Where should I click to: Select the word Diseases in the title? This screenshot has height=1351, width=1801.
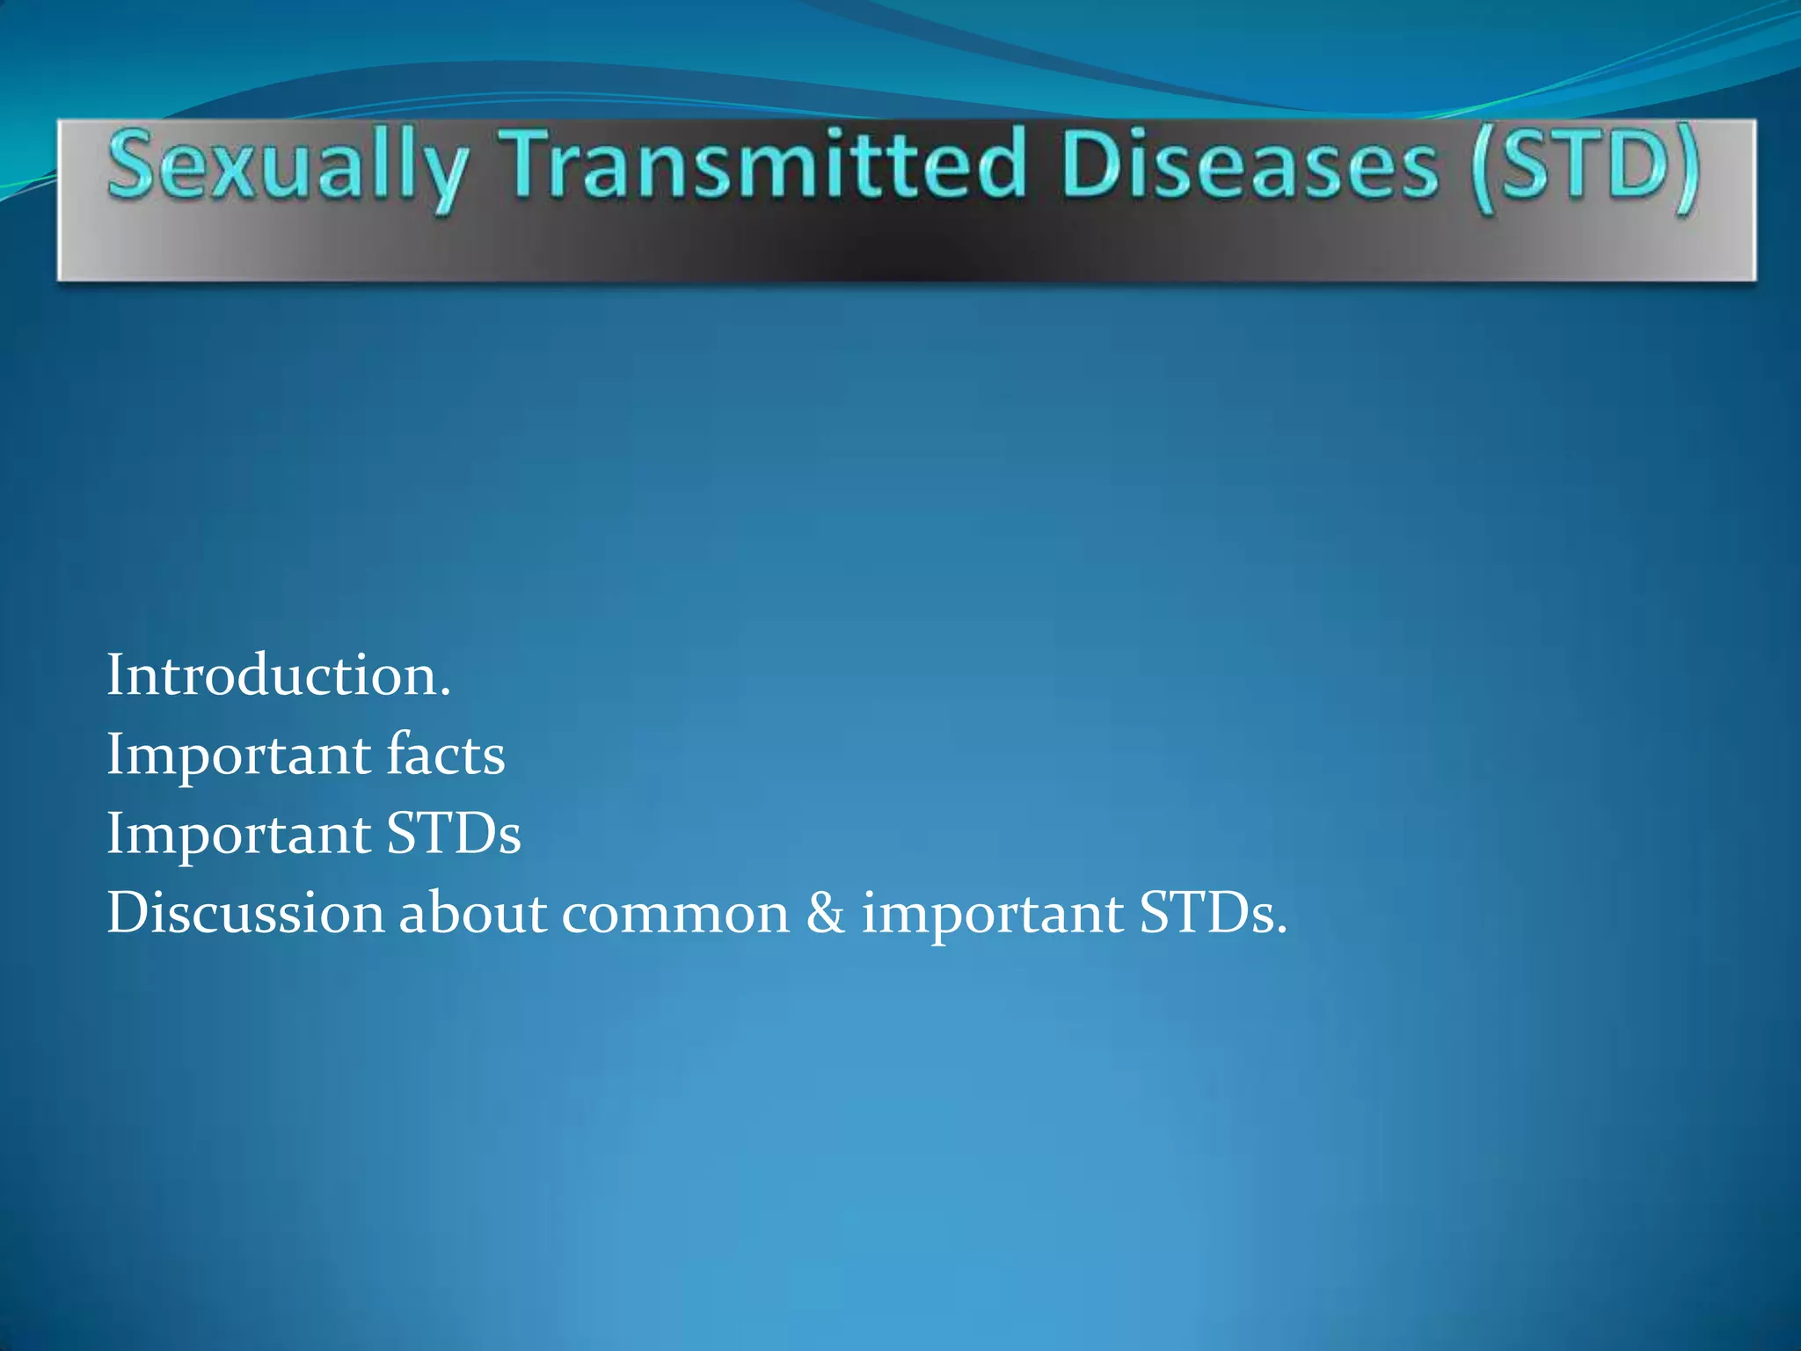1250,164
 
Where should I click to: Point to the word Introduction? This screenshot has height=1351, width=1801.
273,675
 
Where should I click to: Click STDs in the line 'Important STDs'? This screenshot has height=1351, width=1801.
454,834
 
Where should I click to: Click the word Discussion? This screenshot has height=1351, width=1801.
245,913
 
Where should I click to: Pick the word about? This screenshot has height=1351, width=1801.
473,913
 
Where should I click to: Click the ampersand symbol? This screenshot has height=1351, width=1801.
825,913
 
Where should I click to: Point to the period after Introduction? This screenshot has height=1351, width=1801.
446,694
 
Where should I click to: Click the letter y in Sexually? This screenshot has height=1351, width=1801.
445,176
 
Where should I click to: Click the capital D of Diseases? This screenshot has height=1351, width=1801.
1088,164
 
